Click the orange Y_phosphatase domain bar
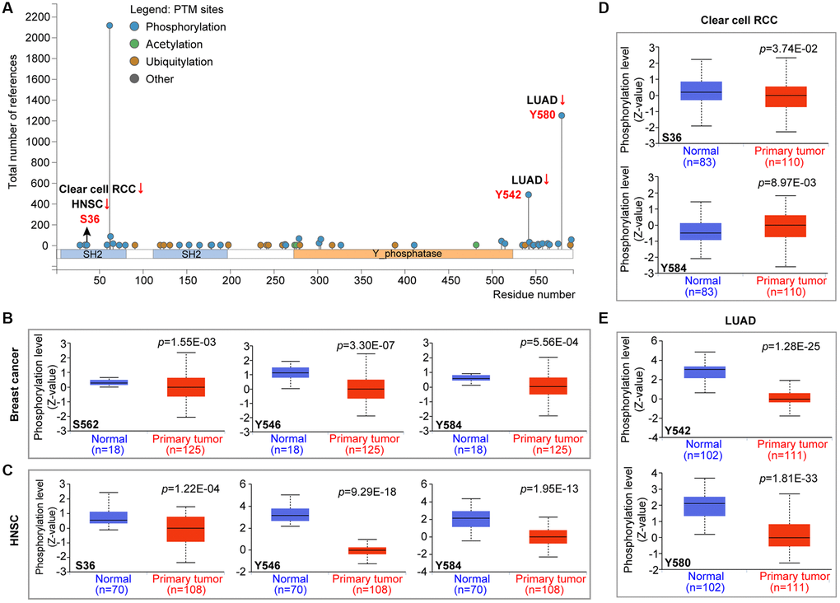click(x=403, y=255)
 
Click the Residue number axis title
click(x=534, y=293)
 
